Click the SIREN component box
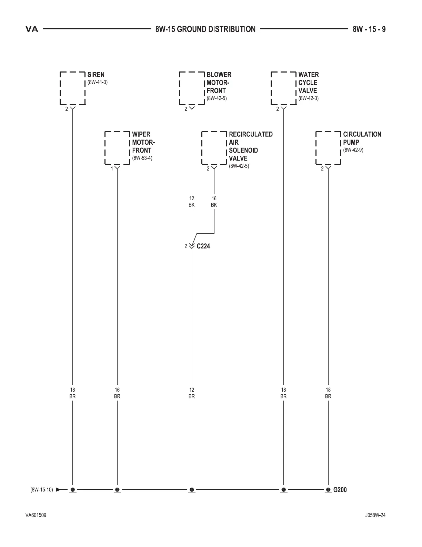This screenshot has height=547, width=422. (72, 88)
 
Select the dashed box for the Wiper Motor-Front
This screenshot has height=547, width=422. (117, 148)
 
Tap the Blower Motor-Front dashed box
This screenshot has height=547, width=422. (192, 88)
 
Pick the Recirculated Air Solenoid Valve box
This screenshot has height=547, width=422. (214, 148)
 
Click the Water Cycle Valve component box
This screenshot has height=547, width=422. (283, 88)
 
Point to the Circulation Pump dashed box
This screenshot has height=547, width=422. (328, 148)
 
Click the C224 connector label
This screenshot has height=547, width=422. (203, 246)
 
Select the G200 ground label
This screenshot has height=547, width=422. (340, 490)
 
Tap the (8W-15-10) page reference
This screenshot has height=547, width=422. (42, 490)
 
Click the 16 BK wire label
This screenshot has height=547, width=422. (214, 202)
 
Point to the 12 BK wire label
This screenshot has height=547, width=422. (192, 202)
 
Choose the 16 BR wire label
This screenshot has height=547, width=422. (117, 393)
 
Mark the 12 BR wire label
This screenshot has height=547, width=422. (192, 393)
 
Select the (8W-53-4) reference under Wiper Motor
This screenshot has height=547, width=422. (142, 158)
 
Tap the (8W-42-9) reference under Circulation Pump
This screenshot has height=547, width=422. (353, 150)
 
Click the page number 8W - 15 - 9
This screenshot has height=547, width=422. (369, 29)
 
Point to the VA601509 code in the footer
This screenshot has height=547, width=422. (36, 516)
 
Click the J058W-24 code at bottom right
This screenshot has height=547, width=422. (375, 516)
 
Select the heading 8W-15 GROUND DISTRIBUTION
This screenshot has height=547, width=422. (205, 29)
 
